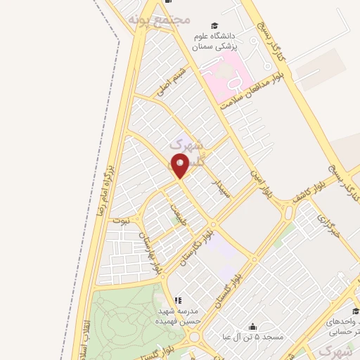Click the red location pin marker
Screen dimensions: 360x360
tap(180, 165)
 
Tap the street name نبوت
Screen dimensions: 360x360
tap(121, 220)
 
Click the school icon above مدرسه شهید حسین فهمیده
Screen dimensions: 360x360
tap(177, 300)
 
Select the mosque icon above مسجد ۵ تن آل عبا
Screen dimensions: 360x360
tap(252, 326)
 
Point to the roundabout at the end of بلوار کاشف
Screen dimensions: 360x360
tap(288, 212)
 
